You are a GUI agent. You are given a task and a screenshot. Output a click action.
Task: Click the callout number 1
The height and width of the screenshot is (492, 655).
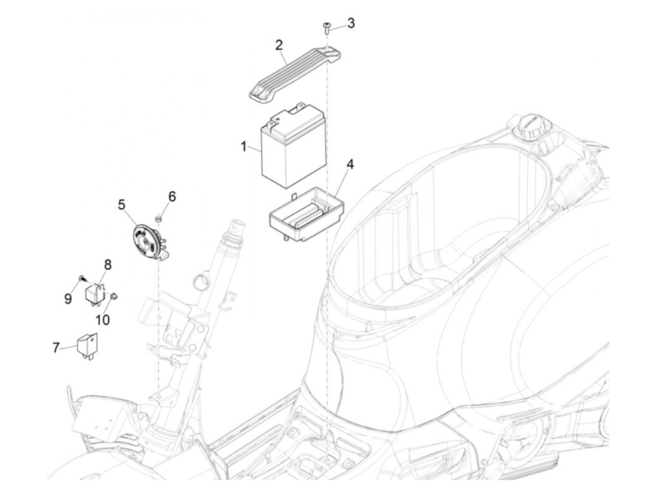(243, 147)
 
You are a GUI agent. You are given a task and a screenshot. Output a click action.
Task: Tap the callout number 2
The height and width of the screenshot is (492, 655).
(279, 45)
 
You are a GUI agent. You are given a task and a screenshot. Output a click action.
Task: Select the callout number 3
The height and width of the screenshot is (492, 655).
(351, 23)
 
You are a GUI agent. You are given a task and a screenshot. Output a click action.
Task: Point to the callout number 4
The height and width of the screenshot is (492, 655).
(350, 165)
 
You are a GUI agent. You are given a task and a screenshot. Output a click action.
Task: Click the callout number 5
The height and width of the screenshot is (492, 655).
(122, 205)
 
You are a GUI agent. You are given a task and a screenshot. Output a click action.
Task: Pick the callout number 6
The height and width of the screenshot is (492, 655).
(172, 196)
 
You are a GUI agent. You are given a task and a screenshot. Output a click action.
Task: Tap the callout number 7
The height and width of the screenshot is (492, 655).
(56, 347)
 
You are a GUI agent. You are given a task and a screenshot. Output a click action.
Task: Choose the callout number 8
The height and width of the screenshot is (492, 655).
(108, 265)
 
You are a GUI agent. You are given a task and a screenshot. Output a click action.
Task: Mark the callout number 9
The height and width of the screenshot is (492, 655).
(68, 298)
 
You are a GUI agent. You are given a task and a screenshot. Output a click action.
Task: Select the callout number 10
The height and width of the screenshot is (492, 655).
(102, 320)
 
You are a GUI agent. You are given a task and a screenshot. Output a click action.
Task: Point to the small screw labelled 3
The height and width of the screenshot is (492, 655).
(327, 28)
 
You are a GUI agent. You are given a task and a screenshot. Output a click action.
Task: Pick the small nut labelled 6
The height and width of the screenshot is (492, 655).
(159, 217)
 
